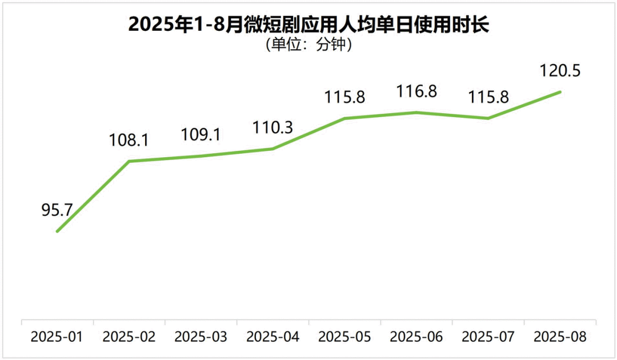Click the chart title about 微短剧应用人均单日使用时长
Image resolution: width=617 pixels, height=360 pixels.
309,25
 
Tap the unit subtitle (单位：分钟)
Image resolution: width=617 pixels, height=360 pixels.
309,45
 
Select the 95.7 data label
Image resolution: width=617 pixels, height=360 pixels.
57,210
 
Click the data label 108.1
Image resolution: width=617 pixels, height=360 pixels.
129,141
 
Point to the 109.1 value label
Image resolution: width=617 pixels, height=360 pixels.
201,135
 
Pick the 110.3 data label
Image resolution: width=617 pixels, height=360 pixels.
273,128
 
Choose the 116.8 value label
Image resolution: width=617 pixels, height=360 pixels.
417,91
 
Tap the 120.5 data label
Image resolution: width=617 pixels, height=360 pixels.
560,71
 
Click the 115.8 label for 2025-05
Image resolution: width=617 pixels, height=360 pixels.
345,97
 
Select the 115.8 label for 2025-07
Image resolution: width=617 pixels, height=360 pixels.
488,97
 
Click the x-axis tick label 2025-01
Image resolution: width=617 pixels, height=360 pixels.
57,337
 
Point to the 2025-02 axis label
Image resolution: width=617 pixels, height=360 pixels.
129,337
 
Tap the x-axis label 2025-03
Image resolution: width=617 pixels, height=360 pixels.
201,337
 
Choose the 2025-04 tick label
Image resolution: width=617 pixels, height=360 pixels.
273,337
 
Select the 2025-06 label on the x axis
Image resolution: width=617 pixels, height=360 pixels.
416,337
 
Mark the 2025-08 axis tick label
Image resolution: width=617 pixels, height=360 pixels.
560,337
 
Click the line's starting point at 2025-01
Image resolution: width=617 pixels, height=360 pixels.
57,231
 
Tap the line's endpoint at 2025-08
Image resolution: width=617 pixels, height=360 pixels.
560,91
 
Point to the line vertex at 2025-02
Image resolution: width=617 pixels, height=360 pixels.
129,161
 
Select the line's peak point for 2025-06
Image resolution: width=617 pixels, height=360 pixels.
416,113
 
